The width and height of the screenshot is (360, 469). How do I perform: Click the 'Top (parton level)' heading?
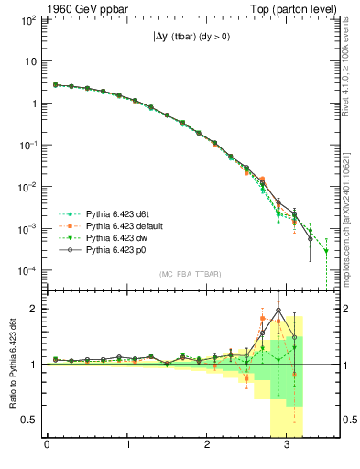tap(290, 8)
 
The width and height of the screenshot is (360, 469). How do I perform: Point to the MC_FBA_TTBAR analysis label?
tap(188, 275)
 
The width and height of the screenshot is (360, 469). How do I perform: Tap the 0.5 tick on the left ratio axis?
tap(29, 420)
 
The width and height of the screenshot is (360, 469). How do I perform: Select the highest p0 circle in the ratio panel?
tap(278, 310)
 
